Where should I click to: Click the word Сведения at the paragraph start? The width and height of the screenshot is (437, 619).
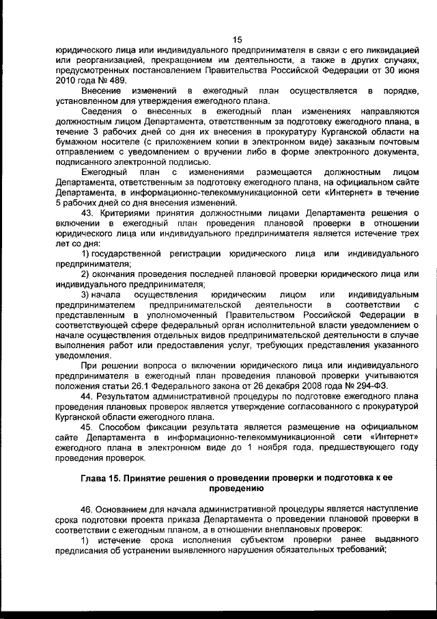click(x=103, y=111)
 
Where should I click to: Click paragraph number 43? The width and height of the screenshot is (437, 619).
click(x=87, y=212)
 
